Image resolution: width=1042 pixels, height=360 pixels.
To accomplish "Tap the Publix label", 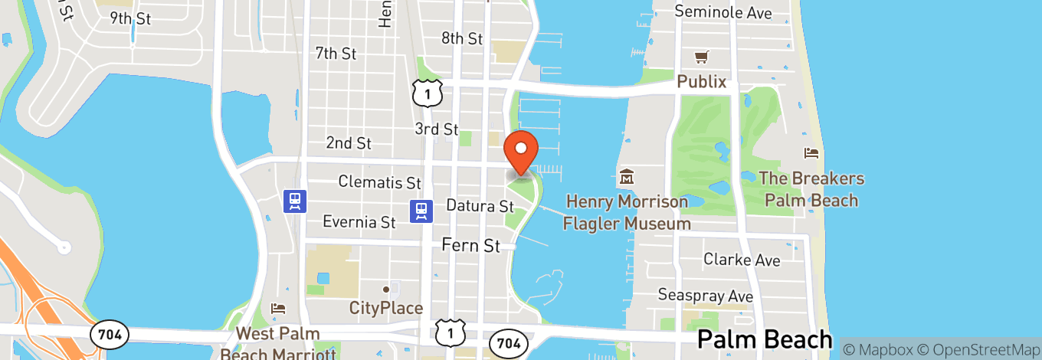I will click(701, 81).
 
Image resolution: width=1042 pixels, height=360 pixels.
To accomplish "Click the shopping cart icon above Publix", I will click(701, 57).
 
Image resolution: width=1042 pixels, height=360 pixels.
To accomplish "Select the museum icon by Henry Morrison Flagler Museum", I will click(627, 177).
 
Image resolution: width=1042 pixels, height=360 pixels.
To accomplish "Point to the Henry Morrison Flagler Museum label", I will click(627, 212).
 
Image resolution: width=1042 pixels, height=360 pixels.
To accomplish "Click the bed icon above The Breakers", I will click(811, 154).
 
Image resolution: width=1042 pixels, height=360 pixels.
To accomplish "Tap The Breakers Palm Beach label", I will click(811, 189).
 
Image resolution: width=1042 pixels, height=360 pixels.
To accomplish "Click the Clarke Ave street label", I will click(742, 260).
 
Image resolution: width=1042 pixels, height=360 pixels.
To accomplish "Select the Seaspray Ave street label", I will click(706, 295).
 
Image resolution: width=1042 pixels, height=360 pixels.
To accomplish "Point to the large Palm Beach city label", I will click(764, 339).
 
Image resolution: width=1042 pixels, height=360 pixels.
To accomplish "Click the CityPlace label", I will click(386, 308).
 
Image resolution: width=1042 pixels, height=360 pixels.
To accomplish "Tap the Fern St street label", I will click(470, 246).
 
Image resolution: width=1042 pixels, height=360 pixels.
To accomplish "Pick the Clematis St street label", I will click(380, 183).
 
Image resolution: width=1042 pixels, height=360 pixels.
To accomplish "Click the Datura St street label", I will click(480, 206).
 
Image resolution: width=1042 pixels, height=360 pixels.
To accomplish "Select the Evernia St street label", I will click(359, 222).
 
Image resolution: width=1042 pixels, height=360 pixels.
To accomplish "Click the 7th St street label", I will click(336, 54).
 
